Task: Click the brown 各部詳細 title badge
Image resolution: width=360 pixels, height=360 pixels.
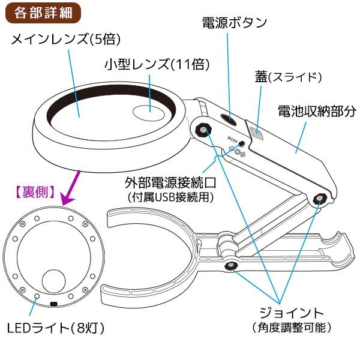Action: tap(43, 13)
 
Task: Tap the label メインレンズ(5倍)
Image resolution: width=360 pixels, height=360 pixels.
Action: tap(66, 39)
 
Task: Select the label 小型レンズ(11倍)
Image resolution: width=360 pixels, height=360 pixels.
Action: tap(157, 64)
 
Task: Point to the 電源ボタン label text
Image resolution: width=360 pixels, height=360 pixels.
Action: tap(235, 23)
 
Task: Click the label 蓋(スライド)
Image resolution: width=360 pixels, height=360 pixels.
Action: tap(288, 77)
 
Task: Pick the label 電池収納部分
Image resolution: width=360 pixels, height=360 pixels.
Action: tap(317, 112)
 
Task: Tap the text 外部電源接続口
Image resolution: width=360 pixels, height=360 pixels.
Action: tap(170, 182)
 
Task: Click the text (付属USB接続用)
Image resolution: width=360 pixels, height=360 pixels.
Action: tap(170, 197)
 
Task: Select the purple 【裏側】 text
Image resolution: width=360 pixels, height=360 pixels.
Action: tap(35, 192)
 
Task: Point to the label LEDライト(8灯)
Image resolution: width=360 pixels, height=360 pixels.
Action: tap(56, 328)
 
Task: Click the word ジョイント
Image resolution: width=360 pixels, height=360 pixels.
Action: tap(292, 313)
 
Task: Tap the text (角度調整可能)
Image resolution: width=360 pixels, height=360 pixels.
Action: tap(292, 328)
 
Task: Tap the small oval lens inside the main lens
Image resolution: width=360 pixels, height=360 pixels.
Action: tap(149, 113)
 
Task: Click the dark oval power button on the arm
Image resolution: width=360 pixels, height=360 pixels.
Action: tap(228, 119)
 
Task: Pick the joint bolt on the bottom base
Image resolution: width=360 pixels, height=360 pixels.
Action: tap(231, 266)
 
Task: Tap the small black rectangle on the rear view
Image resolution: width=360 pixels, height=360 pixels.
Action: tap(53, 304)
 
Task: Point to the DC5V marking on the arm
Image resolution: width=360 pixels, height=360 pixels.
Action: tap(233, 139)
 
